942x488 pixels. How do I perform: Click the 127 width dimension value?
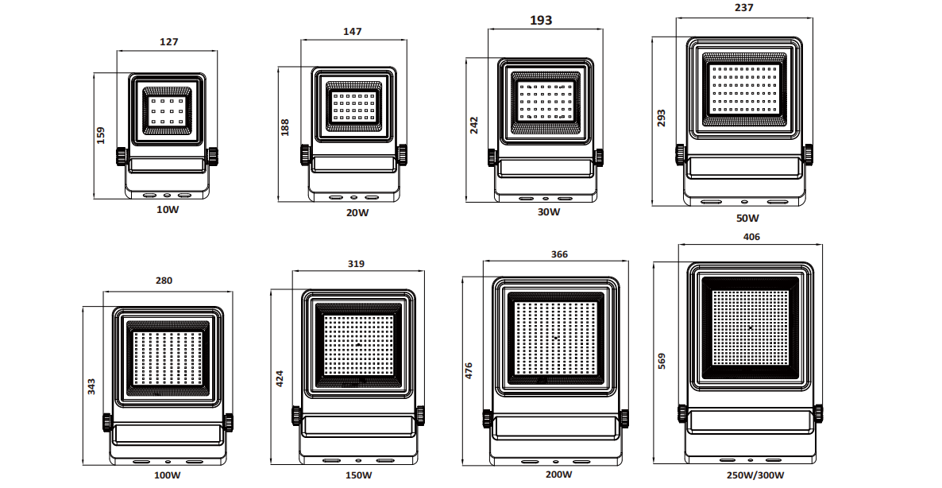[x=169, y=42]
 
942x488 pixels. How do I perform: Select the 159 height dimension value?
[x=100, y=134]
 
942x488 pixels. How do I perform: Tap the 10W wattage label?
[x=168, y=210]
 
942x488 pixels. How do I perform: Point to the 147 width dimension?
[x=353, y=31]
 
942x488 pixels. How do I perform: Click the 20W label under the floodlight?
[x=357, y=212]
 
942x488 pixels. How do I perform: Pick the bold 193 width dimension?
[x=541, y=21]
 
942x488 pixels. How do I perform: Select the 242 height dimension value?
[x=474, y=125]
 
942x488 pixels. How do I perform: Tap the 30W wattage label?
[x=549, y=211]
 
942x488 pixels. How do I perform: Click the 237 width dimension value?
[x=743, y=8]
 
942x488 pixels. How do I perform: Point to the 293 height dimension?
[x=661, y=118]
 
